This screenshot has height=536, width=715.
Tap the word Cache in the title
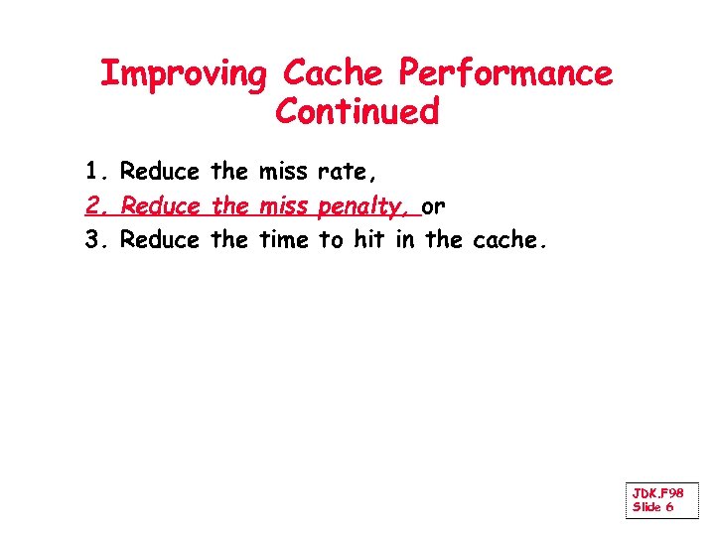pyautogui.click(x=331, y=73)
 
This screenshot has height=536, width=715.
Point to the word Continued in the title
pyautogui.click(x=357, y=112)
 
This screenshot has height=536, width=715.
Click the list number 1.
pyautogui.click(x=94, y=172)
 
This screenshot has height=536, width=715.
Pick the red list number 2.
pyautogui.click(x=95, y=206)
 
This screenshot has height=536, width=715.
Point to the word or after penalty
pyautogui.click(x=434, y=207)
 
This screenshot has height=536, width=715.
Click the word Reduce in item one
pyautogui.click(x=159, y=172)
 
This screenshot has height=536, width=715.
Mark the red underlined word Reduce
pyautogui.click(x=159, y=206)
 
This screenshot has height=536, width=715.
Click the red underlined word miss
pyautogui.click(x=283, y=206)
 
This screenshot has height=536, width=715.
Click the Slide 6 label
pyautogui.click(x=652, y=507)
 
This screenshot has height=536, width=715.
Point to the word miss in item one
pyautogui.click(x=283, y=172)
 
